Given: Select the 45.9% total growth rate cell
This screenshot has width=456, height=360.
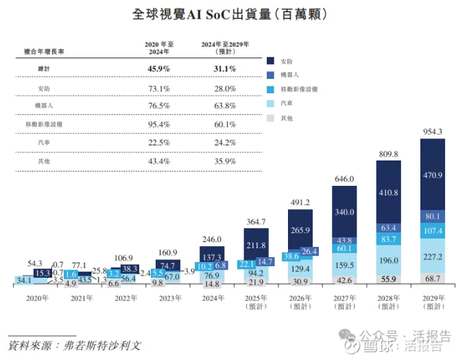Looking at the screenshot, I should pyautogui.click(x=158, y=69).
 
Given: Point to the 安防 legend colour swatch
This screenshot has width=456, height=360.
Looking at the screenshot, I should pyautogui.click(x=272, y=60).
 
